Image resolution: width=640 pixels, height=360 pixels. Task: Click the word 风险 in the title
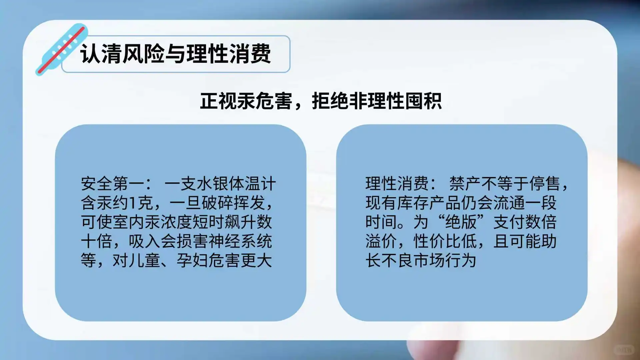[143, 54]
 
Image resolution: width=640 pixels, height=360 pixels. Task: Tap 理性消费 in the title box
[228, 54]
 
